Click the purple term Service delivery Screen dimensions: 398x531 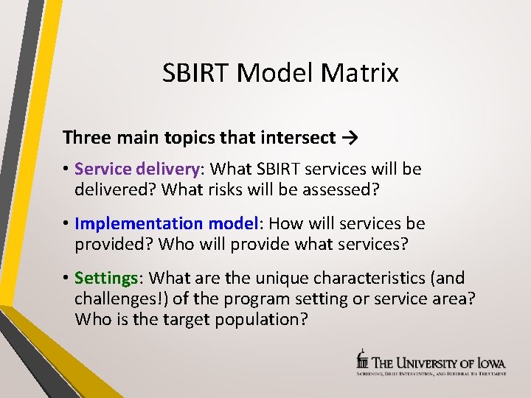point(137,169)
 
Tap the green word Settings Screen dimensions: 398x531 point(106,278)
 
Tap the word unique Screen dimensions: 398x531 point(280,278)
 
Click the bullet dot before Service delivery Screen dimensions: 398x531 point(66,170)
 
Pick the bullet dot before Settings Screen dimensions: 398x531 point(66,279)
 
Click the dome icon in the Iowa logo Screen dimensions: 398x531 point(362,359)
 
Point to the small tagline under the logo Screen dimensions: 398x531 point(431,374)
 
